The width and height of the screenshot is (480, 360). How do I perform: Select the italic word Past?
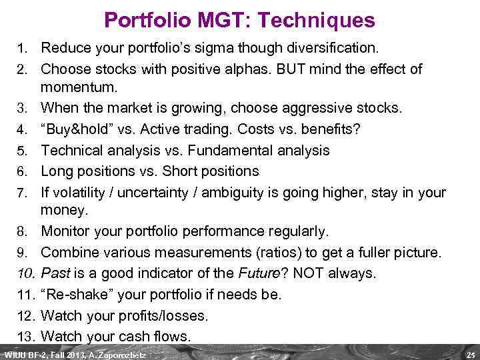pyautogui.click(x=55, y=273)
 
